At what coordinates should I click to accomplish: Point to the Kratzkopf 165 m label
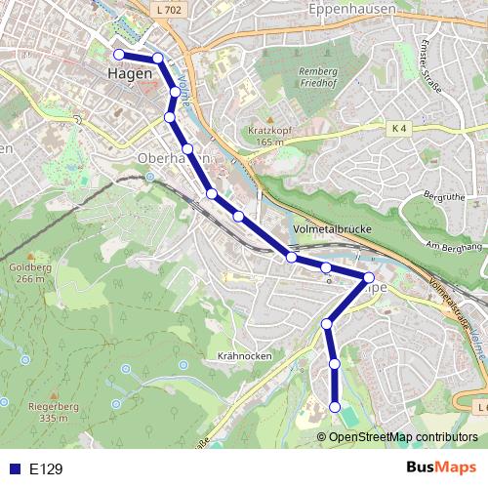pos(257,136)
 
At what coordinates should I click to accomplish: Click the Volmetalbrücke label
pos(328,231)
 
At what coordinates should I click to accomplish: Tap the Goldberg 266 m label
pos(27,271)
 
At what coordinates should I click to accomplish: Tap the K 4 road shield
pos(397,128)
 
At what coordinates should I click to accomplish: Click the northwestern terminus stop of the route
pos(118,55)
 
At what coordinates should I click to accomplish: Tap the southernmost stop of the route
pos(335,407)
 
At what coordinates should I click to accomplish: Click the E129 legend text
pos(46,469)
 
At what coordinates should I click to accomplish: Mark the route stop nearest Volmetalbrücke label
pos(291,258)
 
